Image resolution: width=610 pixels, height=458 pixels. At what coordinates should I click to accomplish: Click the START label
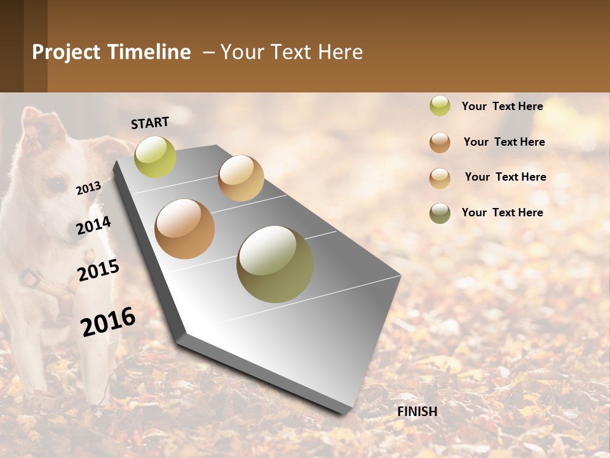point(150,123)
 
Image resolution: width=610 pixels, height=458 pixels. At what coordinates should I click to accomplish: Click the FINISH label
point(417,412)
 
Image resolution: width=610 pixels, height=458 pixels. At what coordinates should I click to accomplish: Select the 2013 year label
point(88,188)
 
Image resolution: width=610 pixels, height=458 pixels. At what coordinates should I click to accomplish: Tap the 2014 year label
point(93,226)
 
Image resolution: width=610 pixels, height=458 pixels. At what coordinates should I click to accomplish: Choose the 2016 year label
point(108,321)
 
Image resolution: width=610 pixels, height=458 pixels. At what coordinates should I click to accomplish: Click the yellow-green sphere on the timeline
point(155,156)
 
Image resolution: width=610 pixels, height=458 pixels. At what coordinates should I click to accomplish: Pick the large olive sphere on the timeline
point(275,264)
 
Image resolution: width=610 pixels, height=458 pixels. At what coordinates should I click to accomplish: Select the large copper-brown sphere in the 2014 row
point(184,228)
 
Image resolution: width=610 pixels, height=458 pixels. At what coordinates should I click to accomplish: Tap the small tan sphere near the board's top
point(241,178)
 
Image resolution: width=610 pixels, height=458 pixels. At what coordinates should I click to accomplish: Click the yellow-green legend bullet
point(440,106)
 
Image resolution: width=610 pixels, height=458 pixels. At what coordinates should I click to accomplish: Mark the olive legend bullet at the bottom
point(440,213)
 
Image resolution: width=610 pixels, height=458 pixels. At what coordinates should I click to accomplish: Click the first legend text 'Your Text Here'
point(502,106)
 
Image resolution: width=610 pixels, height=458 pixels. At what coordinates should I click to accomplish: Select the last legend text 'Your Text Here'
point(502,212)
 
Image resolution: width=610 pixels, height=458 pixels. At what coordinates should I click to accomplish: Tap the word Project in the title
point(66,52)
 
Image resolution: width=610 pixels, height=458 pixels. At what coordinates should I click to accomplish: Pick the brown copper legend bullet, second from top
point(440,142)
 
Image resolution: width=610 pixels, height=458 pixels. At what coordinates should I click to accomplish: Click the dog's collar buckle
point(29,278)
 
